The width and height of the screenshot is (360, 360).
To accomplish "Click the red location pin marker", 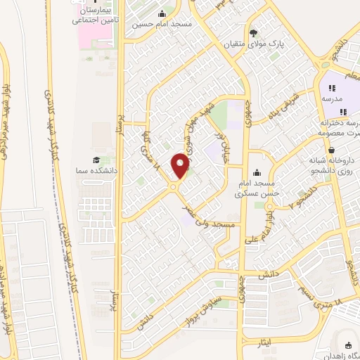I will (x=181, y=165).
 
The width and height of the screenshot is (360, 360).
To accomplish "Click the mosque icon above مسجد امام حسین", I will (x=163, y=13).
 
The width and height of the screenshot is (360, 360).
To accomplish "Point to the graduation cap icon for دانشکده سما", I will (x=96, y=161).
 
